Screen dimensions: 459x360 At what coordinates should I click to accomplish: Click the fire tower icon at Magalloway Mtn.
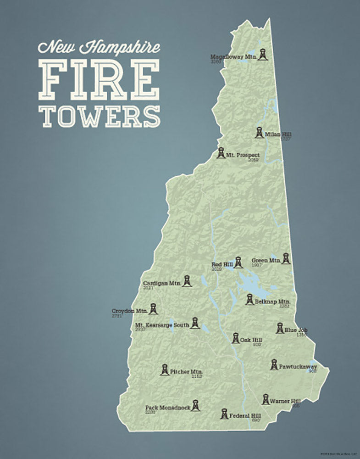(262, 54)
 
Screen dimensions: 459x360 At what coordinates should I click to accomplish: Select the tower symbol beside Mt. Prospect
(221, 153)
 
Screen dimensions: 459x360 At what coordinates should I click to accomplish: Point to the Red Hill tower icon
(238, 263)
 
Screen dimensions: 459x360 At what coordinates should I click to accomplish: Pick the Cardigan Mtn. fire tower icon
(187, 281)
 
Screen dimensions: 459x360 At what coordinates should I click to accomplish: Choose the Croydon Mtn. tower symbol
(153, 309)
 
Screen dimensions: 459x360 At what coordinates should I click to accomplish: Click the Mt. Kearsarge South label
(162, 325)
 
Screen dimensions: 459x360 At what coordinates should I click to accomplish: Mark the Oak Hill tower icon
(235, 338)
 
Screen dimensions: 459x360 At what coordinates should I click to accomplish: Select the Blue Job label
(296, 330)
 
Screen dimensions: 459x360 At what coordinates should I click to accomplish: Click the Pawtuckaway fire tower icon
(274, 365)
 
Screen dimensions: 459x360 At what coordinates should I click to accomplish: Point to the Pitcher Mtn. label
(186, 371)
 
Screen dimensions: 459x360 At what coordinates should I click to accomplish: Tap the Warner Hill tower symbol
(266, 399)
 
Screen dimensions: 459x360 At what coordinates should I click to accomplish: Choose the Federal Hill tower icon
(224, 414)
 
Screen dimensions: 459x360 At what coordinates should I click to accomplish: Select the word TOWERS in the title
(100, 116)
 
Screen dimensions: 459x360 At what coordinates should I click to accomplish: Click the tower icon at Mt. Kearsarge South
(195, 323)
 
